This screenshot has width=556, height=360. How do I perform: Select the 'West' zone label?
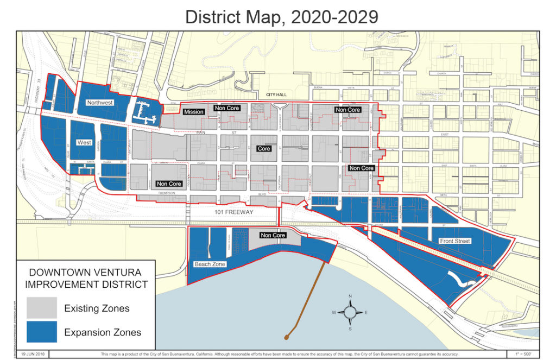85,142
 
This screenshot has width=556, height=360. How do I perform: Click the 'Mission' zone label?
194,112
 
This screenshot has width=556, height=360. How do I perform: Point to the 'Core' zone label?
264,148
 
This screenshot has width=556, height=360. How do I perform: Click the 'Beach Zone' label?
210,264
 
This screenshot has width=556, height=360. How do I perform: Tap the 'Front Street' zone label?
456,241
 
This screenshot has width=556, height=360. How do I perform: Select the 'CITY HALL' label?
275,94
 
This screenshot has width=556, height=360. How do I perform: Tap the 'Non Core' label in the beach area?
273,235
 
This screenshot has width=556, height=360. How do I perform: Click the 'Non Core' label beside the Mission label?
228,108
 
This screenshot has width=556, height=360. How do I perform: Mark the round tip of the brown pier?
286,338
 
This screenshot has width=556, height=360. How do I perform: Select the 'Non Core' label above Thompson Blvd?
168,184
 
